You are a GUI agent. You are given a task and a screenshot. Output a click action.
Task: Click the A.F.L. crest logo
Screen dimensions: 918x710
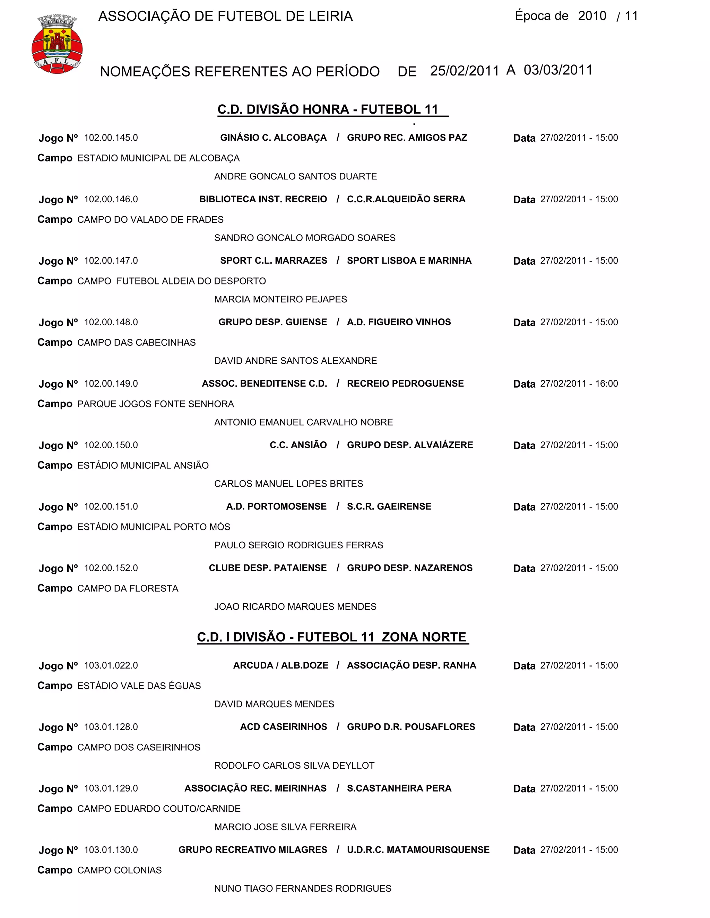coord(57,44)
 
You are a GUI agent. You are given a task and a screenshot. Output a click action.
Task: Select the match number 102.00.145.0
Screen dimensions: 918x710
coord(111,138)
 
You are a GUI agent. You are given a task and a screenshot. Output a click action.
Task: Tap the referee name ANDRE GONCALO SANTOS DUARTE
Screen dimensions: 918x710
coord(295,177)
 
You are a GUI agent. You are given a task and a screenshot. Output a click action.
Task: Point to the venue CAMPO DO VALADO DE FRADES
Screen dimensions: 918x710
coord(150,220)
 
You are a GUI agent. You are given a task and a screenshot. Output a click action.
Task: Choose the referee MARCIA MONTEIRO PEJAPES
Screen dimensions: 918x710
coord(280,299)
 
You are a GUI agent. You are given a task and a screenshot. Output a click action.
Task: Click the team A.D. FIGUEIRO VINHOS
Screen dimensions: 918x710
coord(399,323)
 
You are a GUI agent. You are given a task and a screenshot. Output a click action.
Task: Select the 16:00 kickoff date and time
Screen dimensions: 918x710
coord(579,384)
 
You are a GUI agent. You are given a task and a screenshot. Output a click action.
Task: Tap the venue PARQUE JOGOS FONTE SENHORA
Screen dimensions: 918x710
coord(156,404)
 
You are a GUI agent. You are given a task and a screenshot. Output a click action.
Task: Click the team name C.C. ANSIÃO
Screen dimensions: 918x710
coord(298,445)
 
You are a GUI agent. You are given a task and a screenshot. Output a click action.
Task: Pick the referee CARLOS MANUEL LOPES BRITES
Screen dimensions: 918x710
coord(288,484)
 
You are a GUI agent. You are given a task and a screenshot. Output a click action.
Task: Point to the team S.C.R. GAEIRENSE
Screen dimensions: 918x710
coord(389,506)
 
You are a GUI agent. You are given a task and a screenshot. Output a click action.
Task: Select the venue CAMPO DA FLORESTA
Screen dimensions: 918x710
coord(128,589)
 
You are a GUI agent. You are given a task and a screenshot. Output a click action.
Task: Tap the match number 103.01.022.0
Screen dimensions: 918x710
coord(111,666)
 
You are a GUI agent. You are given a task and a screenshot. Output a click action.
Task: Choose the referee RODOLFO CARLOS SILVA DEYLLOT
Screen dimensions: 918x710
coord(294,766)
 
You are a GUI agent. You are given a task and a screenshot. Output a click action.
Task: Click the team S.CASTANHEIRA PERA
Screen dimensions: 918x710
coord(399,788)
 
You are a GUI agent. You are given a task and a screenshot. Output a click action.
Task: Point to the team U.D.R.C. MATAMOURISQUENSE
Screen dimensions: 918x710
coord(418,850)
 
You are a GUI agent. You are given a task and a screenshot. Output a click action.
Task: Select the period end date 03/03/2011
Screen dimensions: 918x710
coord(558,70)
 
